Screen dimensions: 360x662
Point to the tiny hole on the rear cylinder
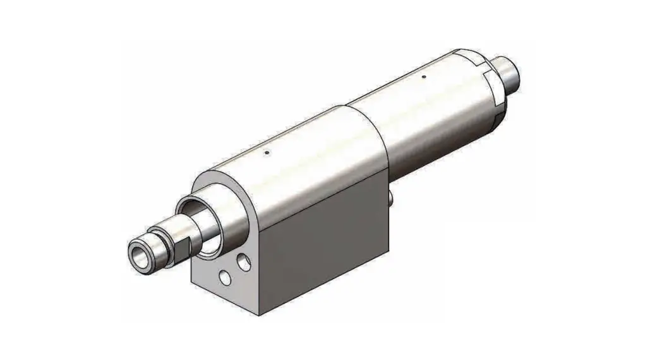[423, 78]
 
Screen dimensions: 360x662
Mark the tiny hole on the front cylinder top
[267, 152]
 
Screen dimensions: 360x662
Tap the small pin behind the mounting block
[392, 199]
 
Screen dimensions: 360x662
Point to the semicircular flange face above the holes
[221, 189]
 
